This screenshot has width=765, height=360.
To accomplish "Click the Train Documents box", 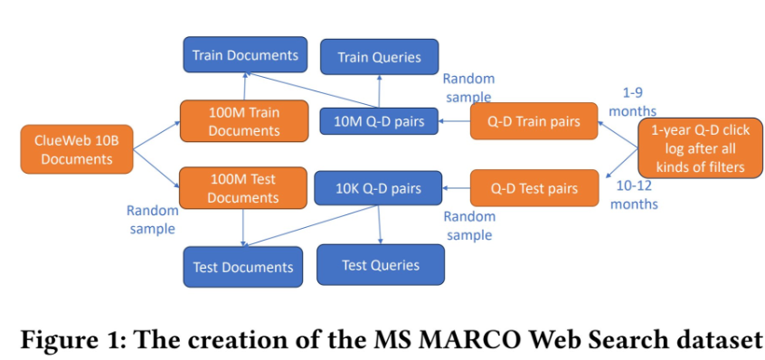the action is pos(245,54).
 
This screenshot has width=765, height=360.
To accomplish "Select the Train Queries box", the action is pos(379,57).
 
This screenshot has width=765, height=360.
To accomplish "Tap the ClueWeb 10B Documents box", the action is pos(77,149).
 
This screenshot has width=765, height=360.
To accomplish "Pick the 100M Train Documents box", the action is pos(244,121).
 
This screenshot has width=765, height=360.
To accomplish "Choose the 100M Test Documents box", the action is pos(243,188).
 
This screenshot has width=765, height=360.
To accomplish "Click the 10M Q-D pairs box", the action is pos(379,121).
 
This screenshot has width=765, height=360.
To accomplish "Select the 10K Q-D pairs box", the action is pos(378,188).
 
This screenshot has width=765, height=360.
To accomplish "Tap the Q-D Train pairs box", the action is pos(534,121).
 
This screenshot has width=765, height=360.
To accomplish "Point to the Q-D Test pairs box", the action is pos(534,188).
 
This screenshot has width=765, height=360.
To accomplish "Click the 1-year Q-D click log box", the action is pos(700,147).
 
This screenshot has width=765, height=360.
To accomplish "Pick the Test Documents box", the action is pos(243,267).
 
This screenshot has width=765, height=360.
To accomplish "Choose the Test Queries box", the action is pos(381,265).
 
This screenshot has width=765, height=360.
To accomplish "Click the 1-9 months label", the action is pos(633,102).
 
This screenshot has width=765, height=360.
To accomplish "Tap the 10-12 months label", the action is pos(634,194).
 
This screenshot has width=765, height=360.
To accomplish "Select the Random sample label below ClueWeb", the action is pos(153,220).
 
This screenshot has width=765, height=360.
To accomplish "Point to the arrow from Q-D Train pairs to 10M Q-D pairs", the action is pos(454,121).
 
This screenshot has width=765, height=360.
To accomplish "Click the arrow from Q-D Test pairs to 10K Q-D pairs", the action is pos(456,188).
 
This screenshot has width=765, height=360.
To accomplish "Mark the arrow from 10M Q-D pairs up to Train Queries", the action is pos(379,91).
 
